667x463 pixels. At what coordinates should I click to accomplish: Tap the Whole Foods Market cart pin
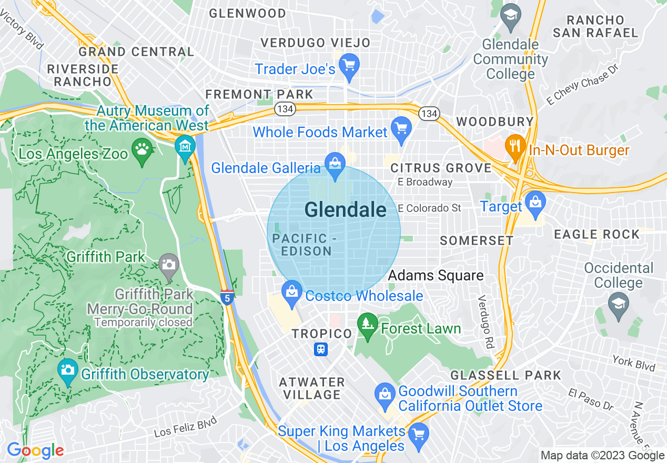[401, 129]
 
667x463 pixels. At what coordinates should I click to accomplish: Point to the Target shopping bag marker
[535, 204]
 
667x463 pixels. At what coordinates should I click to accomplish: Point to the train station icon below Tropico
[321, 349]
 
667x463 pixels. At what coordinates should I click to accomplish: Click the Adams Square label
[436, 275]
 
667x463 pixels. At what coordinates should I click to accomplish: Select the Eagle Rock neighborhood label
[597, 234]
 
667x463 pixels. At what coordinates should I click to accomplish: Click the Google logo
[35, 450]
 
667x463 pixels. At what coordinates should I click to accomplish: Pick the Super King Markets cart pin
[419, 435]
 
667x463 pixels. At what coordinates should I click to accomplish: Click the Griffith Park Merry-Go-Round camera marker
[168, 264]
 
